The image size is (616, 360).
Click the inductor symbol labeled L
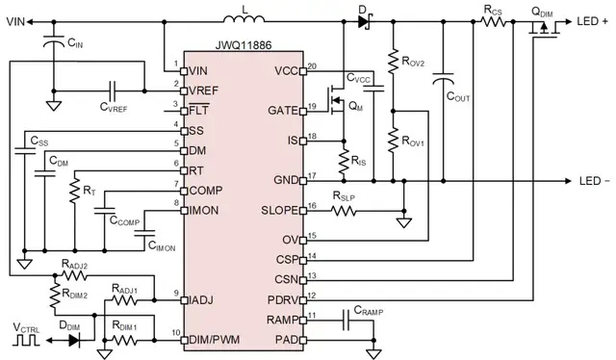(x=244, y=18)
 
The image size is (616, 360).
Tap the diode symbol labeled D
(x=365, y=21)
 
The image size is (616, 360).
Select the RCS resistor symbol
(x=494, y=21)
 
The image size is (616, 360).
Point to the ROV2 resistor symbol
(x=394, y=62)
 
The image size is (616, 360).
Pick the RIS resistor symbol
(x=344, y=162)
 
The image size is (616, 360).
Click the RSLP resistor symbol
(x=344, y=211)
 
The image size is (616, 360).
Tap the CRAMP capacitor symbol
(x=346, y=321)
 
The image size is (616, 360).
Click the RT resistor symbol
(x=75, y=191)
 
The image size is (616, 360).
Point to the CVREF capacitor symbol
(x=113, y=90)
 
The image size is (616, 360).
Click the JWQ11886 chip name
(x=244, y=45)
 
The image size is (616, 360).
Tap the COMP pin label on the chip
(x=206, y=191)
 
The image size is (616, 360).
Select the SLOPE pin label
(x=280, y=211)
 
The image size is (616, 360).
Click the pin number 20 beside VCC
(x=312, y=65)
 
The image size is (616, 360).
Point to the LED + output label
(x=593, y=21)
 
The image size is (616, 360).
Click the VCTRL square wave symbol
(x=26, y=341)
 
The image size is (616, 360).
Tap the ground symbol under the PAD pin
(x=373, y=353)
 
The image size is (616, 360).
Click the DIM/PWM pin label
(x=215, y=340)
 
